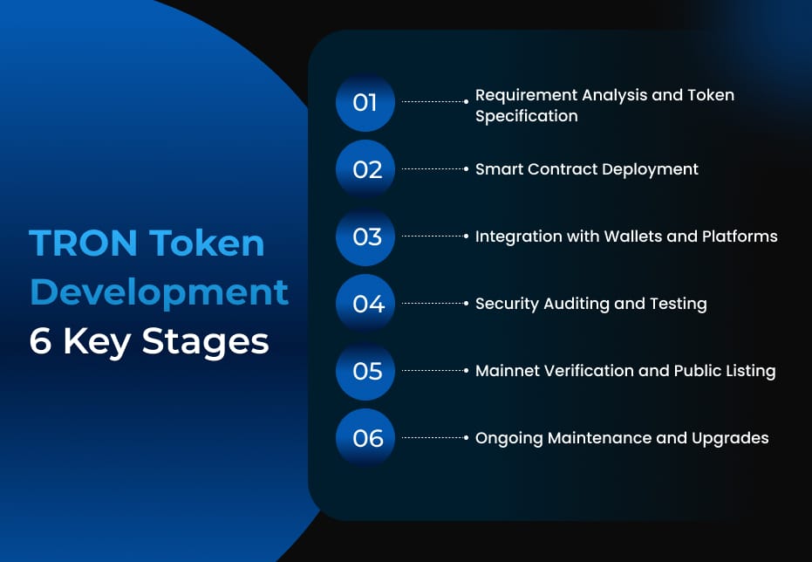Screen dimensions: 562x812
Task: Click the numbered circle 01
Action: [x=365, y=103]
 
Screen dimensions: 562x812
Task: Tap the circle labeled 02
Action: [x=366, y=169]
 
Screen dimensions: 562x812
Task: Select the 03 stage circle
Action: [x=366, y=236]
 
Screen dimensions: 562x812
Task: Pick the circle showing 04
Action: [x=366, y=304]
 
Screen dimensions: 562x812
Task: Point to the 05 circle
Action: [x=366, y=371]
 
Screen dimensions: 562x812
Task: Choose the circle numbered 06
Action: [x=366, y=438]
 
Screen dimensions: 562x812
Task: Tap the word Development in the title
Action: [x=159, y=292]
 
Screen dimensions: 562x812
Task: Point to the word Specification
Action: [x=526, y=116]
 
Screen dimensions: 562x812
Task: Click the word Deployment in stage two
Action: [x=646, y=169]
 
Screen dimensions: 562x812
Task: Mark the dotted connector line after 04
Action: [x=433, y=304]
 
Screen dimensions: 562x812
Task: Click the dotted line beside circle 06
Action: [x=433, y=438]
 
